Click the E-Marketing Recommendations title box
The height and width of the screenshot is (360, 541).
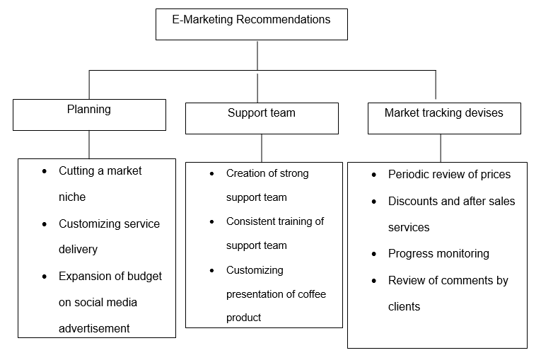[251, 24]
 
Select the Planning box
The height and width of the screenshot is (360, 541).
[89, 114]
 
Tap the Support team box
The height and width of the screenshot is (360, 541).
[262, 117]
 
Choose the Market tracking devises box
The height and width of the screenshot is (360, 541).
[444, 117]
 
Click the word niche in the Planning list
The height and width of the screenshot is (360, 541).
[72, 197]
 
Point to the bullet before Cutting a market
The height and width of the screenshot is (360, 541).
[45, 171]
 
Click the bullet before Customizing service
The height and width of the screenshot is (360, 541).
[45, 224]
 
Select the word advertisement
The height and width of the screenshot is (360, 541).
[94, 328]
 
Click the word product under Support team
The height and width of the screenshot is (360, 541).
[243, 318]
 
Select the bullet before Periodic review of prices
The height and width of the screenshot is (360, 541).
[374, 175]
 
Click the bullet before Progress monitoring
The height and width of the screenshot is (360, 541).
[374, 254]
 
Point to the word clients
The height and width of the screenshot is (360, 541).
[404, 307]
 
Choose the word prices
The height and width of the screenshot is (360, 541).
[492, 175]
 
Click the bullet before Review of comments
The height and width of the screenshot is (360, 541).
[374, 281]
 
